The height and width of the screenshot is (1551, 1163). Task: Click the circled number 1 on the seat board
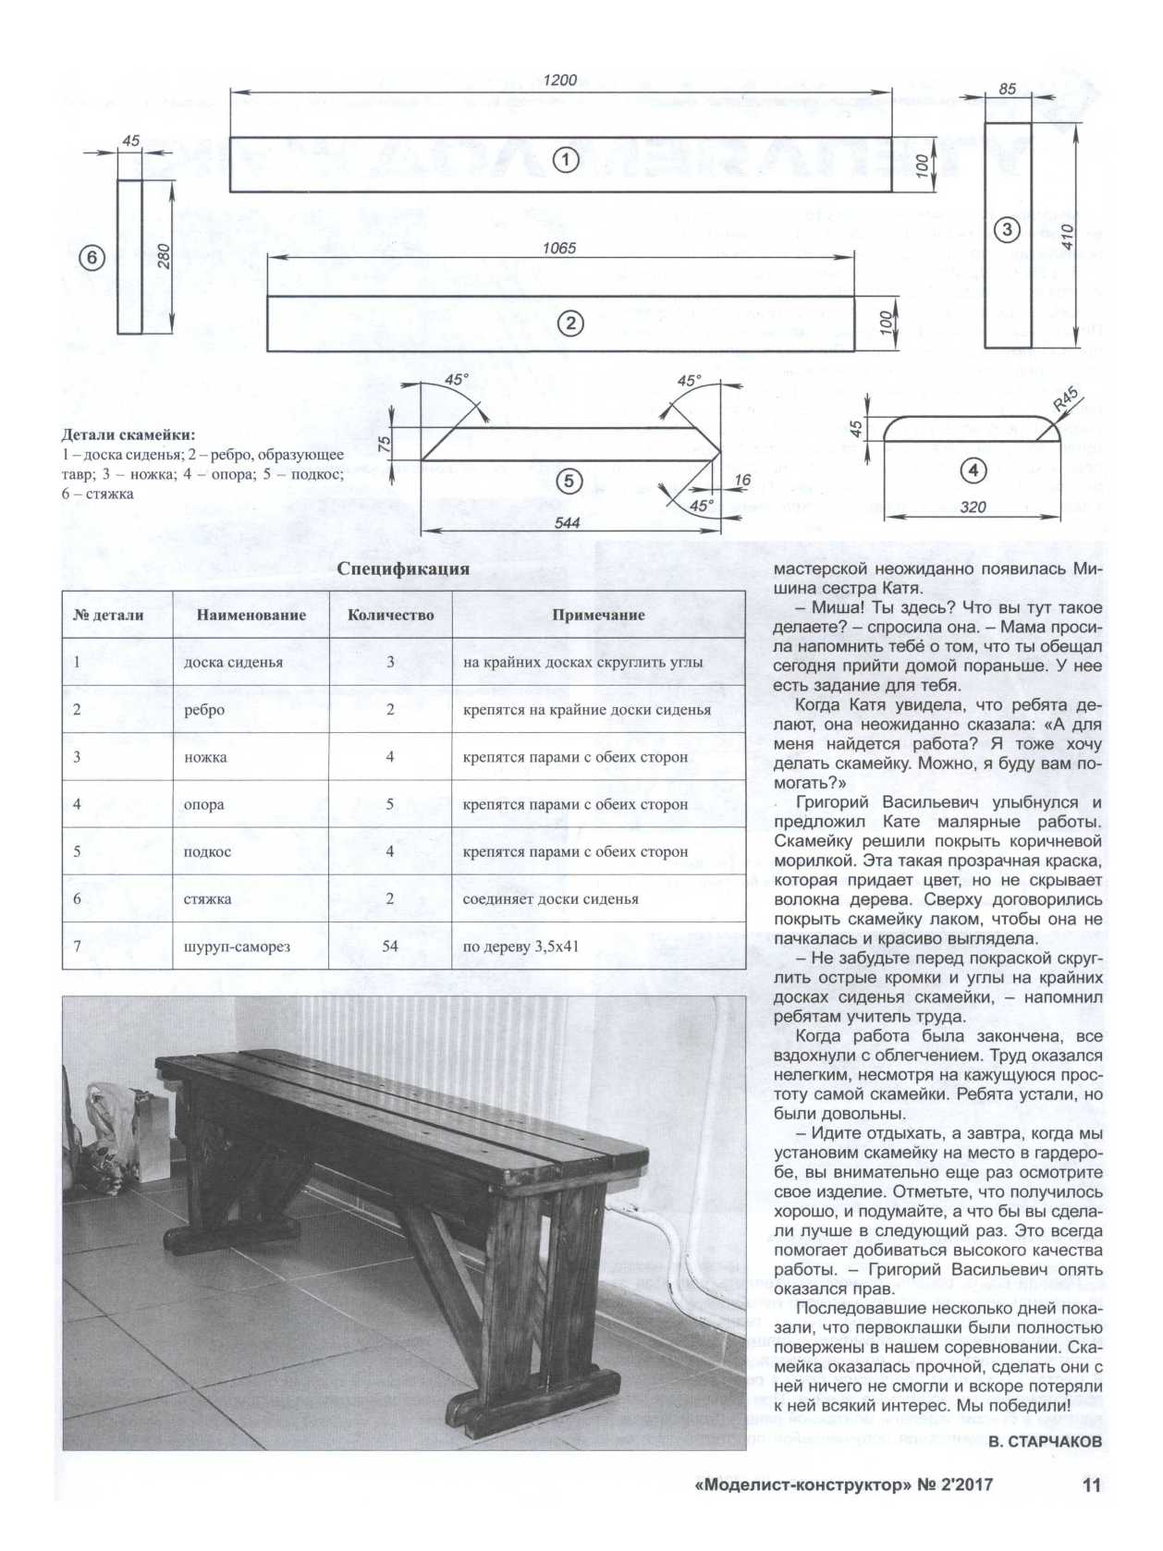(x=565, y=161)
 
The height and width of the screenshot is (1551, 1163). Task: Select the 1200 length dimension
(x=559, y=80)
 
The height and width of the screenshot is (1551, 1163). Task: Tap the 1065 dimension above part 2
(x=559, y=248)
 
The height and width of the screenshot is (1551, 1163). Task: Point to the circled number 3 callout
(x=1007, y=230)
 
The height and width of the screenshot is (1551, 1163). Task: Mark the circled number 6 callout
(x=92, y=259)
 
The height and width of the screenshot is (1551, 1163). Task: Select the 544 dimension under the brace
(x=567, y=523)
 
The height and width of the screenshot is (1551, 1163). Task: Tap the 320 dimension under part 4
(x=973, y=507)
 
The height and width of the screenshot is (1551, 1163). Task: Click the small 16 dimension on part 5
(x=743, y=481)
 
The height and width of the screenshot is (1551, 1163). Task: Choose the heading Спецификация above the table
(x=403, y=569)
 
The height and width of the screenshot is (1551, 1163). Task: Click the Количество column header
(x=390, y=616)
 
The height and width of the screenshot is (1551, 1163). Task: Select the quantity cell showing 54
(x=390, y=946)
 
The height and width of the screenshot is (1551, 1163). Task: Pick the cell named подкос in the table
(x=208, y=851)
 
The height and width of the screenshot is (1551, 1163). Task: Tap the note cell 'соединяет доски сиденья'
(x=551, y=898)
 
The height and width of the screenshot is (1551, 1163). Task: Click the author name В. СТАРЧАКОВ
(x=1045, y=1441)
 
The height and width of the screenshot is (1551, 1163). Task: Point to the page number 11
(x=1091, y=1485)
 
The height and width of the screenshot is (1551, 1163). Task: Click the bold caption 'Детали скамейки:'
(x=129, y=434)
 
